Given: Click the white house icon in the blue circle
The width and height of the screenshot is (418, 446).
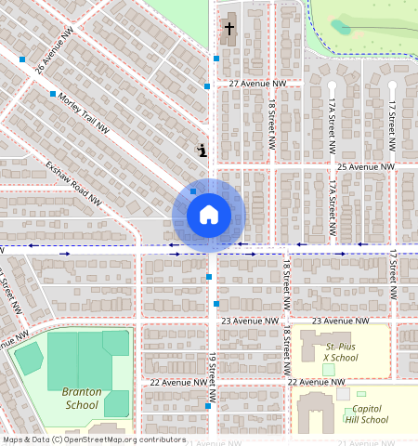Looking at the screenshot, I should [209, 215].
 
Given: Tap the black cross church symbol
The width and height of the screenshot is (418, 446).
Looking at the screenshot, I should [229, 29].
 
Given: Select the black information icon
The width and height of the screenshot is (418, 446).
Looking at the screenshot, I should [202, 150].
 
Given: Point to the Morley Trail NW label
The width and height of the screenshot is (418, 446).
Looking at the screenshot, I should [84, 112].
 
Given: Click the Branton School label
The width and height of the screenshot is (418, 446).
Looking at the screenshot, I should [81, 398].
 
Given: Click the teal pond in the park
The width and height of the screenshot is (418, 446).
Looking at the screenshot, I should [341, 27].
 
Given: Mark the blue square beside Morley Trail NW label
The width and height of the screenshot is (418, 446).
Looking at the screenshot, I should [53, 94].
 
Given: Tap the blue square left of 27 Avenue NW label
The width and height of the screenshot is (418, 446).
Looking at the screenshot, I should [207, 86].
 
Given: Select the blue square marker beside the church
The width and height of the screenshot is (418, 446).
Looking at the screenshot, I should [216, 59].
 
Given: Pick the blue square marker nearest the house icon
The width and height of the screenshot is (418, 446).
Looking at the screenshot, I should [193, 191].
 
